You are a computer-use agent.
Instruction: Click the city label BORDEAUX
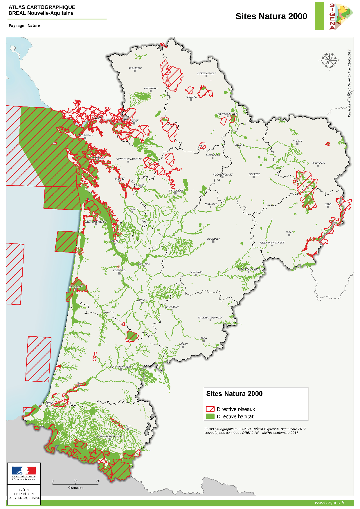[x=119, y=270]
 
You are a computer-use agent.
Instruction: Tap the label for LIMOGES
[x=254, y=174]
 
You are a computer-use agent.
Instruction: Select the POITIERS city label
[x=191, y=97]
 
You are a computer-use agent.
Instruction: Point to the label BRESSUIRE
[x=135, y=68]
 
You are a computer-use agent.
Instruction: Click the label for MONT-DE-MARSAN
[x=121, y=367]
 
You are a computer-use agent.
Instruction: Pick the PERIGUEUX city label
[x=214, y=239]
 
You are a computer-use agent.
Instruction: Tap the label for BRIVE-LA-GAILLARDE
[x=272, y=243]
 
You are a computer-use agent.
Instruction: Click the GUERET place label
[x=297, y=141]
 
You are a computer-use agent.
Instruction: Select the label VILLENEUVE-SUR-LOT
[x=210, y=317]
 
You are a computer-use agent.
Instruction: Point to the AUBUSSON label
[x=318, y=163]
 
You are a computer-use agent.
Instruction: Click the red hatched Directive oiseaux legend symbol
[x=210, y=409]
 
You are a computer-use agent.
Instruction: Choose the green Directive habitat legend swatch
[x=210, y=416]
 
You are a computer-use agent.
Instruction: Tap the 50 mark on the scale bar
[x=98, y=481]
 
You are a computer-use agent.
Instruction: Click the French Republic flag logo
[x=24, y=471]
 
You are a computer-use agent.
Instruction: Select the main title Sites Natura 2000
[x=271, y=16]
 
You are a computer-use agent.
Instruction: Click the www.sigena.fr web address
[x=329, y=503]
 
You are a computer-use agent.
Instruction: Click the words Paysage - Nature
[x=24, y=26]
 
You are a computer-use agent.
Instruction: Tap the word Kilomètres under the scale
[x=75, y=488]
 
